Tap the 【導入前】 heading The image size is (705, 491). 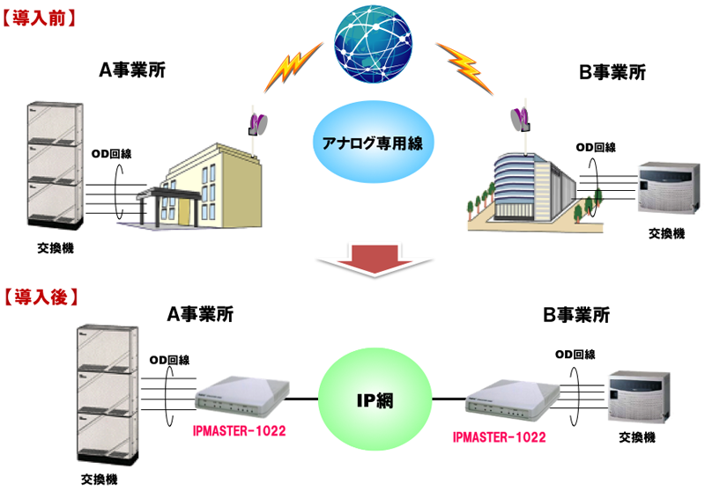coord(41,17)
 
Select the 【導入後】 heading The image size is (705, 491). coord(41,297)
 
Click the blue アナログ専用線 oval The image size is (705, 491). coord(370,142)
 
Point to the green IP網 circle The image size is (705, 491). coord(374,401)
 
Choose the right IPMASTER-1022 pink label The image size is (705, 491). coord(500,436)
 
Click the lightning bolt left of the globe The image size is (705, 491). coord(292,69)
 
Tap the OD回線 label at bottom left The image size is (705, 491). coord(167,359)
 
